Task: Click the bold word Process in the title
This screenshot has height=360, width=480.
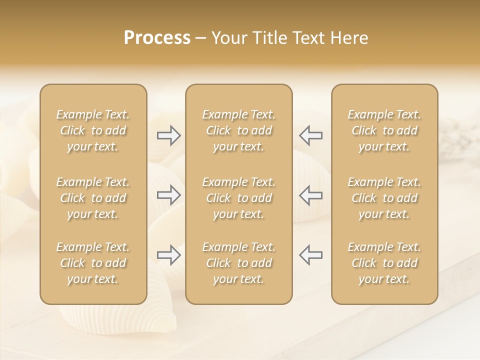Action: click(157, 38)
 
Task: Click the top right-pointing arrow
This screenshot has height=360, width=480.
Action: click(168, 135)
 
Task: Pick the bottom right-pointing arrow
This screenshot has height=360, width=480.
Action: click(168, 255)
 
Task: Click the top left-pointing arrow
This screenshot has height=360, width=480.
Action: click(311, 135)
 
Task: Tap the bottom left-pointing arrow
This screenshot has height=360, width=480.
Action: click(311, 255)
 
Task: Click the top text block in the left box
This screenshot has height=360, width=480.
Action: click(93, 130)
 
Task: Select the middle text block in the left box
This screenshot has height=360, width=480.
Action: click(93, 198)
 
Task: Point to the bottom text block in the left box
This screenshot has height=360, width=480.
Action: click(93, 263)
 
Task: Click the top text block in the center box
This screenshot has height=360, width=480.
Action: click(239, 130)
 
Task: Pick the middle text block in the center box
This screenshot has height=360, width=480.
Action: click(239, 198)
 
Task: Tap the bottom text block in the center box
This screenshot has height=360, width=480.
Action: click(239, 263)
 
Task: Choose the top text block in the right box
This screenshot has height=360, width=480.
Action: click(384, 130)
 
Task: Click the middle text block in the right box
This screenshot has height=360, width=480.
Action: click(384, 198)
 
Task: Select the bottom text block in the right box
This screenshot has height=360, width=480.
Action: click(384, 263)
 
